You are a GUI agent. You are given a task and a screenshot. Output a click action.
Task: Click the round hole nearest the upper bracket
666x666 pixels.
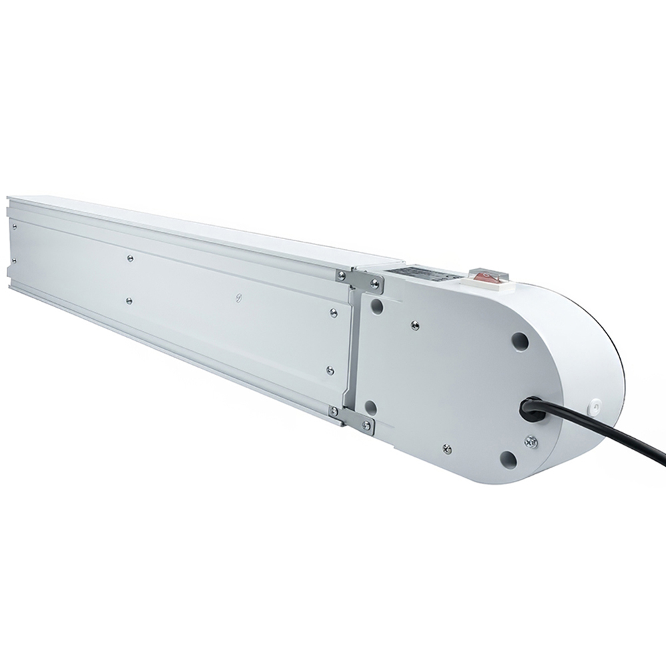[x=378, y=308]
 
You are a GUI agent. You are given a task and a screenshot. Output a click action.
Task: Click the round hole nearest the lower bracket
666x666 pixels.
[x=372, y=407]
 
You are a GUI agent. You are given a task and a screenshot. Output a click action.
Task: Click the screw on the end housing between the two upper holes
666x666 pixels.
[x=415, y=324]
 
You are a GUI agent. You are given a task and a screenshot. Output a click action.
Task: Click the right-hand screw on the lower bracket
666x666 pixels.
[x=365, y=424]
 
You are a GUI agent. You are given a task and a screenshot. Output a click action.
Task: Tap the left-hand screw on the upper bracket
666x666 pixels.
[x=342, y=275]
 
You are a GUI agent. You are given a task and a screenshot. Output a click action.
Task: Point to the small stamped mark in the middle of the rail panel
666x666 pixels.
[x=238, y=298]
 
